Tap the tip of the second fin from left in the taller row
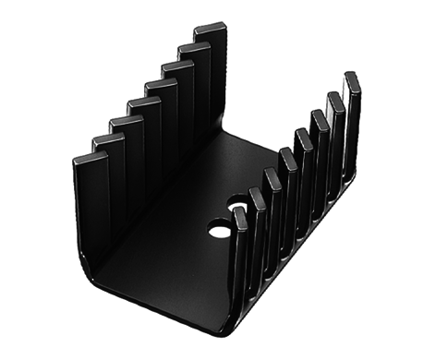(107, 139)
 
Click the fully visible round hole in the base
(220, 228)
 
